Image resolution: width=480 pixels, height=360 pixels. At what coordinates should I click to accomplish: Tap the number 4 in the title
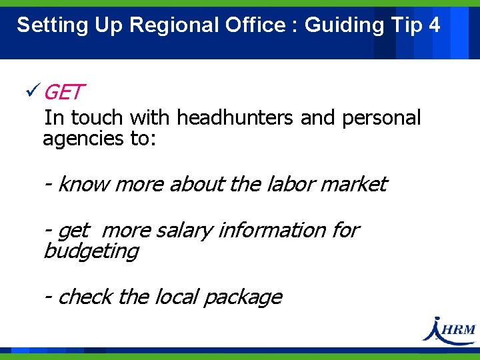pos(435,25)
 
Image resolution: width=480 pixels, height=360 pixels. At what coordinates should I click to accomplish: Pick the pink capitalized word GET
pos(64,92)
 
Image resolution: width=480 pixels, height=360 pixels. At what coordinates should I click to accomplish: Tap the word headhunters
pos(235,118)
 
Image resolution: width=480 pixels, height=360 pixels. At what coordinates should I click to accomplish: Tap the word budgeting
pos(91,251)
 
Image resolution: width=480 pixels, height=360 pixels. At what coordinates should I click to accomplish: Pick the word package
pos(243,297)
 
